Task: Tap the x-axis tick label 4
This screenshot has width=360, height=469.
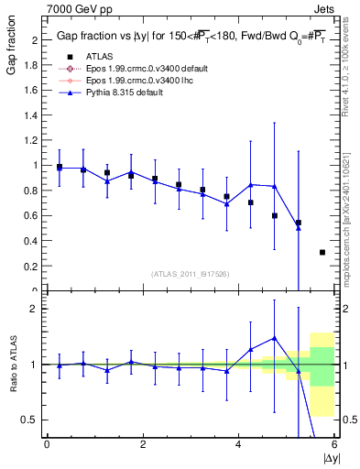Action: point(238,445)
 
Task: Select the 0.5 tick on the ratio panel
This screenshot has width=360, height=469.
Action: point(32,420)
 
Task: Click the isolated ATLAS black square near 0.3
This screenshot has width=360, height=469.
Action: point(322,252)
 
